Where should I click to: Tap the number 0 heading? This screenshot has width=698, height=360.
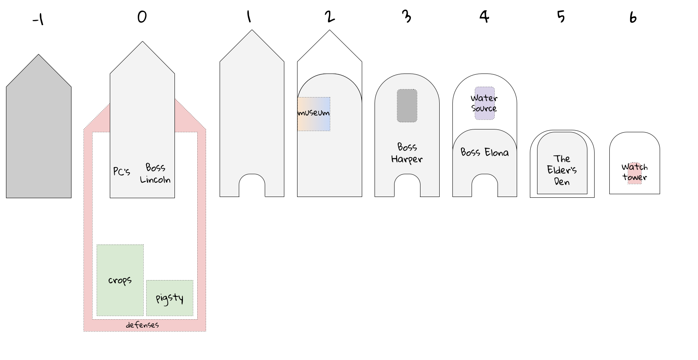coord(142,17)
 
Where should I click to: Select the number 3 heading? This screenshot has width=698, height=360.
coord(407,16)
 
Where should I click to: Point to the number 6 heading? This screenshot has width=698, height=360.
coord(633,18)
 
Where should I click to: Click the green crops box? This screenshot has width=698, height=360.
coord(120,280)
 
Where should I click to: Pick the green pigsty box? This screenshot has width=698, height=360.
coord(170,298)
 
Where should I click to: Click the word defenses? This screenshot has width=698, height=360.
coord(142,325)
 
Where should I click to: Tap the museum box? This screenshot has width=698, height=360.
coord(314,114)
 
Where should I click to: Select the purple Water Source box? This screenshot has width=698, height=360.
coord(485,103)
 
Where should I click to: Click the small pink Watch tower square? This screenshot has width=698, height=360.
coord(635,173)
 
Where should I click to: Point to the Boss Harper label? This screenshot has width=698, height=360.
coord(407,153)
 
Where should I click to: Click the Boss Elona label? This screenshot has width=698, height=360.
coord(485,152)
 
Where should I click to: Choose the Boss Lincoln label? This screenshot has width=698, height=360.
coord(155,173)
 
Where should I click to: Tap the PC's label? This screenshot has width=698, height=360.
coord(122,171)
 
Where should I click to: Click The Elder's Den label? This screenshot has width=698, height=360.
coord(562,170)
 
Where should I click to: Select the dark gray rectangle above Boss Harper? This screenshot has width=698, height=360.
coord(407,106)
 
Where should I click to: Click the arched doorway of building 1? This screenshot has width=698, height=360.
coord(252,185)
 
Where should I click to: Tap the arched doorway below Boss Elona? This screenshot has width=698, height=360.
coord(485,185)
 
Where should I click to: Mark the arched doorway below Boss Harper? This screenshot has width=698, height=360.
coord(407,185)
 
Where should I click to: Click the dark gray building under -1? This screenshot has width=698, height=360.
coord(39,132)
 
